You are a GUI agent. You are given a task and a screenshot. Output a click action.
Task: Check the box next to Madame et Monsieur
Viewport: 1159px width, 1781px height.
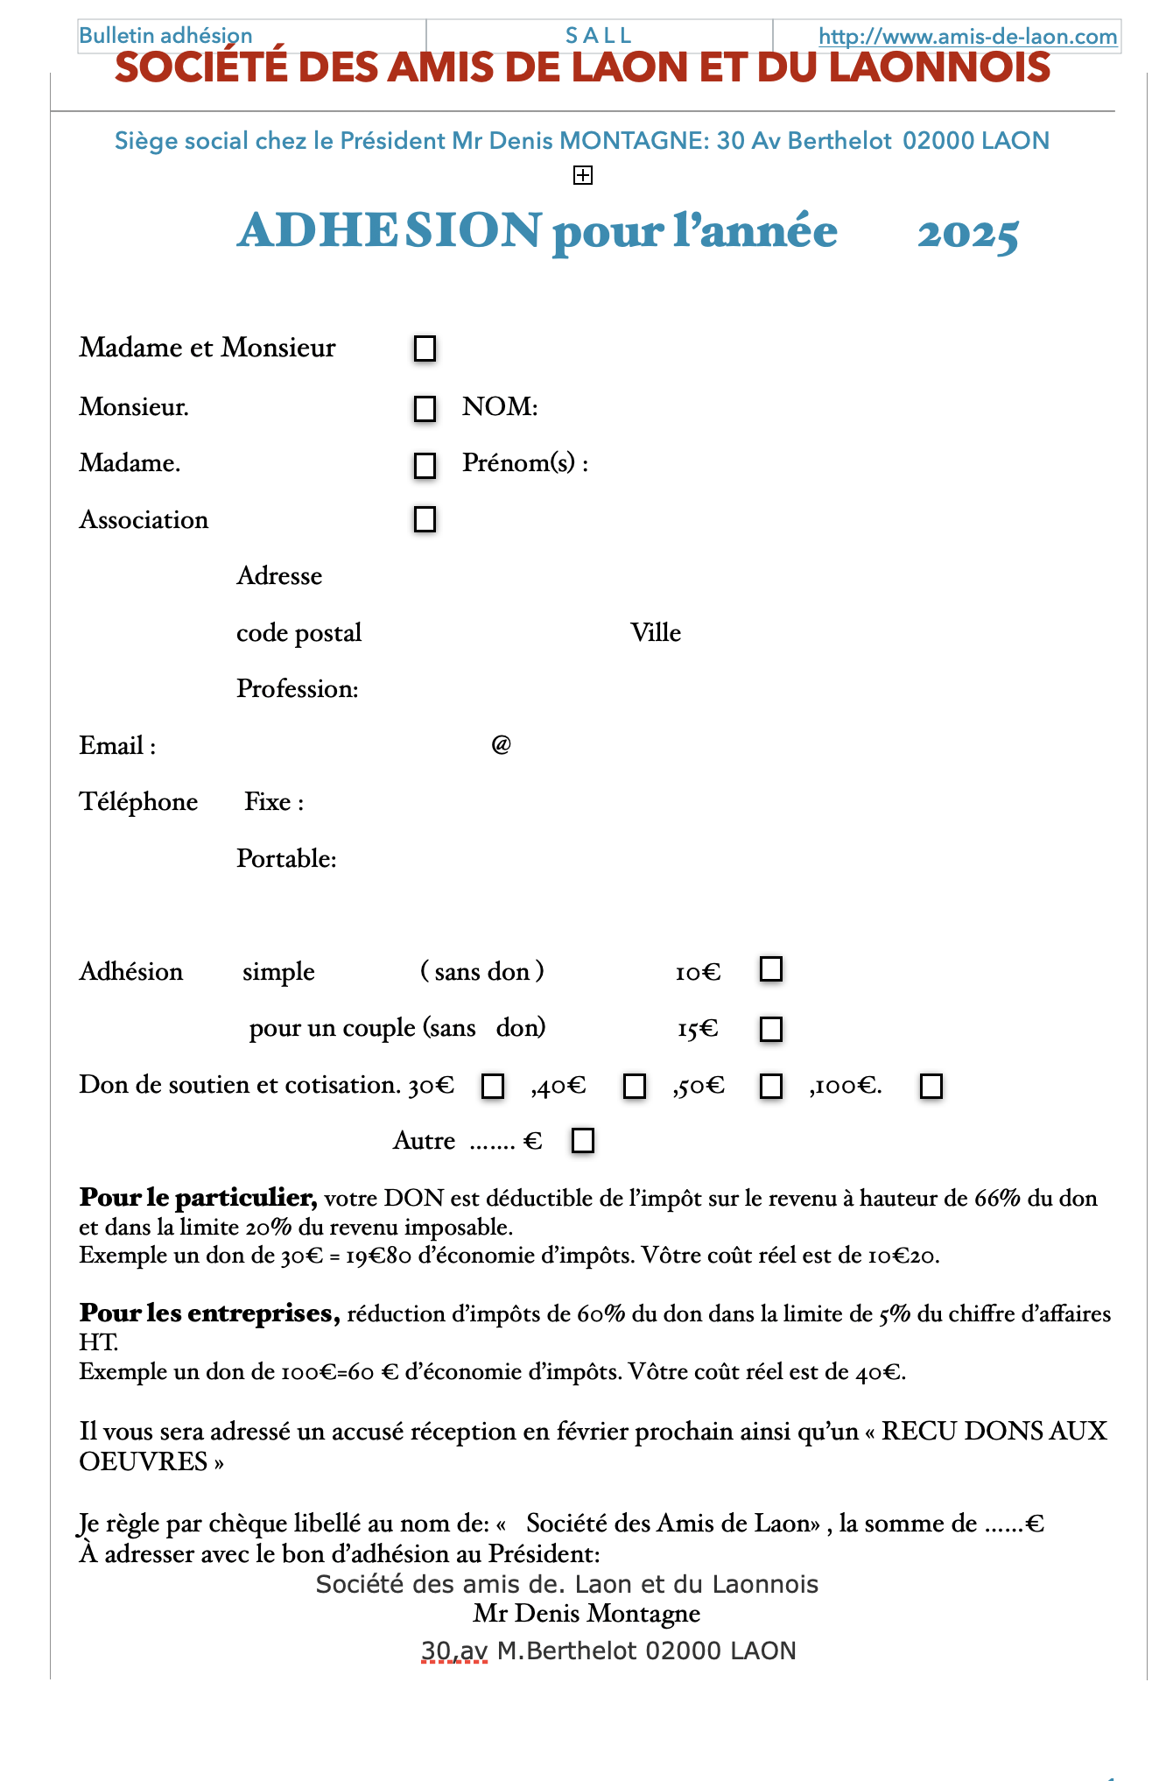tap(425, 348)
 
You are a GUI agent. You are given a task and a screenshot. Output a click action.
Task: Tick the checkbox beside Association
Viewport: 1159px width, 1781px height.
tap(425, 519)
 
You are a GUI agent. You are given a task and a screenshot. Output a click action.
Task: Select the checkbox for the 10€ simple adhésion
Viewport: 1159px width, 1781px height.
tap(771, 969)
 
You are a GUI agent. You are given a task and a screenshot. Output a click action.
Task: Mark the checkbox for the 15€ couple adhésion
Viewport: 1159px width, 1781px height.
tap(771, 1028)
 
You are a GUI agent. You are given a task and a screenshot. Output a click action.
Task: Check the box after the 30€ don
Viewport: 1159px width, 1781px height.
tap(494, 1086)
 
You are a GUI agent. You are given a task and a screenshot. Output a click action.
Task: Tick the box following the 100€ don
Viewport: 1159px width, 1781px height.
tap(931, 1086)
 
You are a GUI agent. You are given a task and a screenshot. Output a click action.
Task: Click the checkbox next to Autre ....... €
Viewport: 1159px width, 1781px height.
tap(583, 1140)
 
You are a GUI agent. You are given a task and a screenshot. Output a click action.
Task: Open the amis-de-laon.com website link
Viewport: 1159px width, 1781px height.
tap(967, 36)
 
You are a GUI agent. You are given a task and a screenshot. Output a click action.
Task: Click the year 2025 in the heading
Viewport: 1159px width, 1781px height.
tap(967, 233)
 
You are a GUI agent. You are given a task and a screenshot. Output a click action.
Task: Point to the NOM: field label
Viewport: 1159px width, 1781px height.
tap(500, 406)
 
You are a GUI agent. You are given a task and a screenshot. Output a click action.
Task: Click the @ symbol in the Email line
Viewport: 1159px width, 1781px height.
tap(501, 744)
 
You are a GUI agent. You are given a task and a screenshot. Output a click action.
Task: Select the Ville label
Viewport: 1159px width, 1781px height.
tap(656, 632)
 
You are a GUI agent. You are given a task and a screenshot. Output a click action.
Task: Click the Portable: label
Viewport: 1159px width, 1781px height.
tap(286, 858)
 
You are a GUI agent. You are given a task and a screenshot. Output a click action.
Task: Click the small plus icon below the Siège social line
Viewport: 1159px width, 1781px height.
tap(583, 176)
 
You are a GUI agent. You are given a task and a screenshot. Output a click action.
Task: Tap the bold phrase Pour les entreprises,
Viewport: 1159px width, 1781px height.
tap(209, 1313)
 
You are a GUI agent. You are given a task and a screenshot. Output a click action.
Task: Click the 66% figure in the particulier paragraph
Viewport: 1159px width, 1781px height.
tap(997, 1198)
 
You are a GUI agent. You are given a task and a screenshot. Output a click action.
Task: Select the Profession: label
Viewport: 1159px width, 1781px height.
tap(298, 688)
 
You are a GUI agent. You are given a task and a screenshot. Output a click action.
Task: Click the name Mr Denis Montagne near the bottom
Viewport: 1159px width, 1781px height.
tap(587, 1613)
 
